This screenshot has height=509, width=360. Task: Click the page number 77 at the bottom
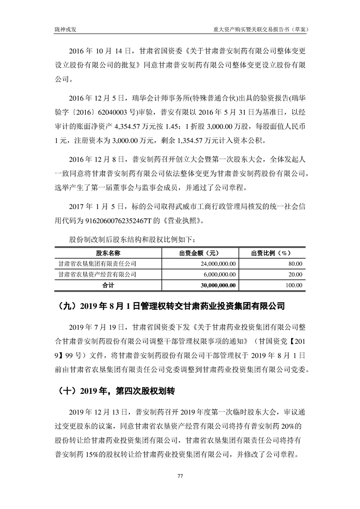(180, 476)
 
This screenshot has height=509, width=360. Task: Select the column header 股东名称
(108, 253)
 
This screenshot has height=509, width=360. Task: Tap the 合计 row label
(108, 285)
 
